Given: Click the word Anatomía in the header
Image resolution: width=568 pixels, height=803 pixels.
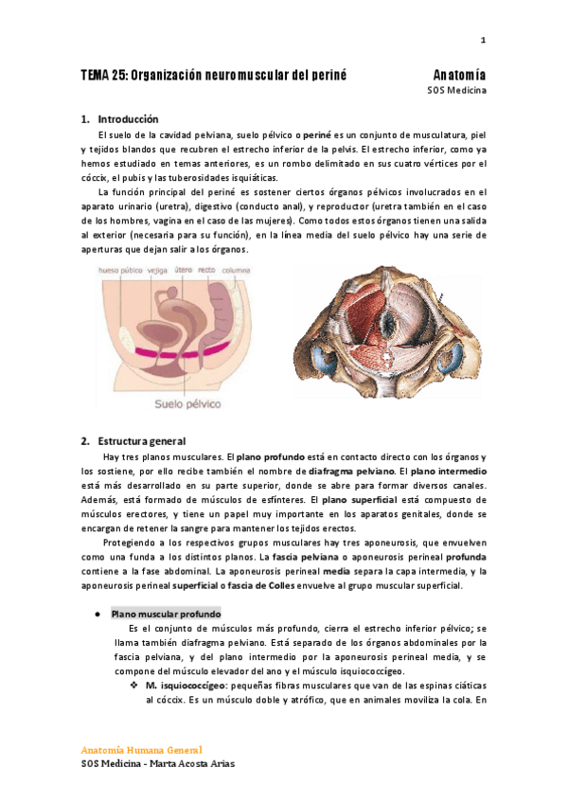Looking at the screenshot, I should point(459,74).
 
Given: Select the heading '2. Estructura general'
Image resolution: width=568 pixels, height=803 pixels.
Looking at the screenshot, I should point(142,440).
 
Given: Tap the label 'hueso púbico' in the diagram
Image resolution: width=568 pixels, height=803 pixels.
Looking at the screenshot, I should point(115,270).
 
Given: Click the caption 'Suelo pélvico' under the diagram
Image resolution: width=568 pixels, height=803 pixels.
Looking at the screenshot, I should point(188,403).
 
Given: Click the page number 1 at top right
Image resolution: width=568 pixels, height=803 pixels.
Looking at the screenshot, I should point(483,40).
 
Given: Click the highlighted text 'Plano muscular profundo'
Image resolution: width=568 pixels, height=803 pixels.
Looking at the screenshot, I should point(166,614).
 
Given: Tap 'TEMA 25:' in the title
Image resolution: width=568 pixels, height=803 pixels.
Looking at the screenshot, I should point(102,74).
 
